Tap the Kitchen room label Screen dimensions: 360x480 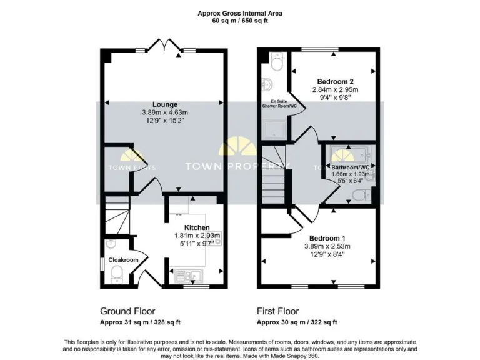[196, 227]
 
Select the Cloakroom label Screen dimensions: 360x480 [123, 259]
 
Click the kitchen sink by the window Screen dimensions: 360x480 [186, 273]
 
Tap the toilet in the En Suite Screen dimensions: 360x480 [277, 61]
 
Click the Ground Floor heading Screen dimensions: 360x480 [127, 311]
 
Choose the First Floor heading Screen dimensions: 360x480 [278, 311]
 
